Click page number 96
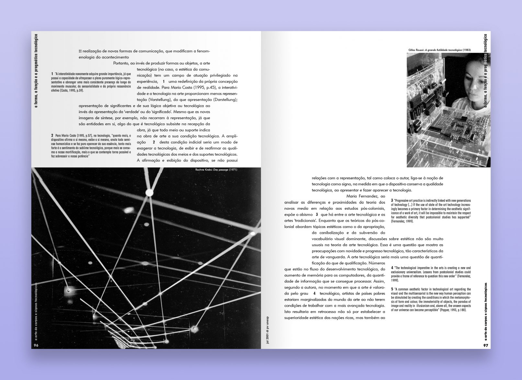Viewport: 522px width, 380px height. [x=36, y=345]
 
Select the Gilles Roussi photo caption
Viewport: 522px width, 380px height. [x=439, y=50]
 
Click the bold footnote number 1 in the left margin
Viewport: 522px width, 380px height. [x=52, y=74]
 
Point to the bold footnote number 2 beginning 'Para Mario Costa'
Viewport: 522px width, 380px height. [x=52, y=135]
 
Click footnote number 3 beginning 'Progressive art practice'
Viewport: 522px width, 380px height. [x=392, y=201]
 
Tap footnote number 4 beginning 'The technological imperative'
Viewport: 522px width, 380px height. [x=392, y=268]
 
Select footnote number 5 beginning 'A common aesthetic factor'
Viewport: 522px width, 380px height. [x=392, y=289]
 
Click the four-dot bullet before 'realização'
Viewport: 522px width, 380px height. [x=80, y=51]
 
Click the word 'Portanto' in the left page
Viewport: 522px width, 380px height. [x=121, y=63]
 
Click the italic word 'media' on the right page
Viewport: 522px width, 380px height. [x=302, y=208]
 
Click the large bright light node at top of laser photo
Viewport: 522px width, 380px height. [x=149, y=193]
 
